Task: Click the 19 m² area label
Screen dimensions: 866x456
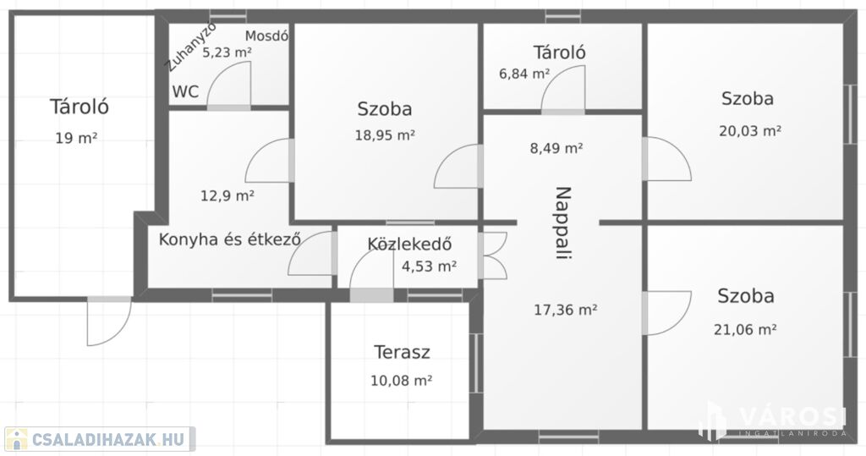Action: pyautogui.click(x=76, y=138)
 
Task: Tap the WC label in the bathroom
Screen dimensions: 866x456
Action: pyautogui.click(x=185, y=91)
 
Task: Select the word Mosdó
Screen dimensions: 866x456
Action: pyautogui.click(x=266, y=36)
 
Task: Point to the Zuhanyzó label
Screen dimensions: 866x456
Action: pyautogui.click(x=191, y=48)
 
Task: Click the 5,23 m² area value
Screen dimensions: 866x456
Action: pyautogui.click(x=227, y=52)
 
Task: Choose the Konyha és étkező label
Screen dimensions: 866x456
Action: pyautogui.click(x=230, y=240)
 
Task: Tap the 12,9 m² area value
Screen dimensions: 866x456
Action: pyautogui.click(x=227, y=195)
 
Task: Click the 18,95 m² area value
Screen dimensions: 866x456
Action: pyautogui.click(x=385, y=135)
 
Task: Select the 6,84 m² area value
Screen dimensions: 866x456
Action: pyautogui.click(x=524, y=74)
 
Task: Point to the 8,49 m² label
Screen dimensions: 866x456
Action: pyautogui.click(x=556, y=148)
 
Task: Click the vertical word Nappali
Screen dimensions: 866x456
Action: pyautogui.click(x=562, y=223)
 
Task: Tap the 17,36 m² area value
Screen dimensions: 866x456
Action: pyautogui.click(x=565, y=310)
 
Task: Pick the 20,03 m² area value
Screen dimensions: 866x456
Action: pyautogui.click(x=749, y=131)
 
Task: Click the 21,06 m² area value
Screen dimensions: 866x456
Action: pyautogui.click(x=745, y=329)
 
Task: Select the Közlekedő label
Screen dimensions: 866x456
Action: pyautogui.click(x=410, y=244)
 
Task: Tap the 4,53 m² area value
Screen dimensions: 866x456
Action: pyautogui.click(x=429, y=266)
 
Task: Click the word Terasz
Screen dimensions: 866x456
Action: pyautogui.click(x=402, y=352)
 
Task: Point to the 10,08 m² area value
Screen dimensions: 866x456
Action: pyautogui.click(x=401, y=380)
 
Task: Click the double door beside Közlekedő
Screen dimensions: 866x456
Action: pyautogui.click(x=493, y=255)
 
